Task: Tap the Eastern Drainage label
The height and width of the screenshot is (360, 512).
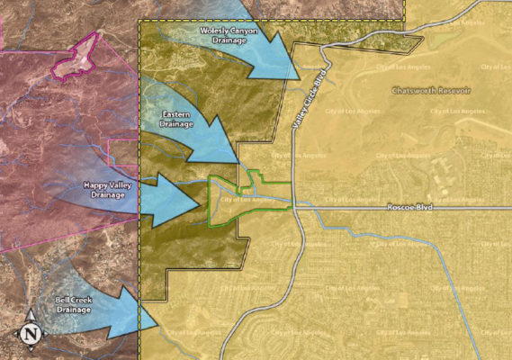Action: (176, 119)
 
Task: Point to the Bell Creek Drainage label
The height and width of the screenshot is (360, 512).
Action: (73, 304)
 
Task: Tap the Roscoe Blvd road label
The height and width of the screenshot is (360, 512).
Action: (409, 208)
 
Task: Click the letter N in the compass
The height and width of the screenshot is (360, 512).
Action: (31, 333)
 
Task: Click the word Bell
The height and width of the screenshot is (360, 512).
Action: (57, 299)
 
